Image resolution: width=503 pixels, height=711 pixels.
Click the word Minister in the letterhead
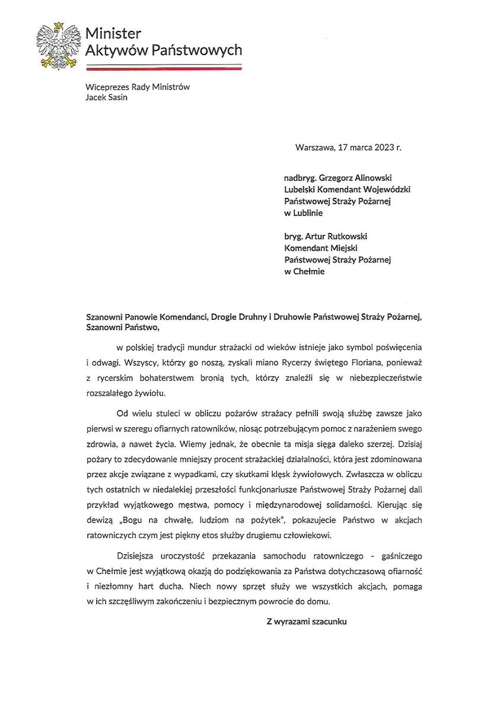(113, 33)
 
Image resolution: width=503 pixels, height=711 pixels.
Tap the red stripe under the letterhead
(163, 68)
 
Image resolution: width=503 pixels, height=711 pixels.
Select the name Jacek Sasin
(106, 98)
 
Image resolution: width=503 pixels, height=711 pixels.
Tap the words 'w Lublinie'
(304, 213)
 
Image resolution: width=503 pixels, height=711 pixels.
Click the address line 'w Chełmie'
(304, 272)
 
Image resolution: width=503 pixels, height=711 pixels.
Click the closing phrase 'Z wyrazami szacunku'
(306, 622)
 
